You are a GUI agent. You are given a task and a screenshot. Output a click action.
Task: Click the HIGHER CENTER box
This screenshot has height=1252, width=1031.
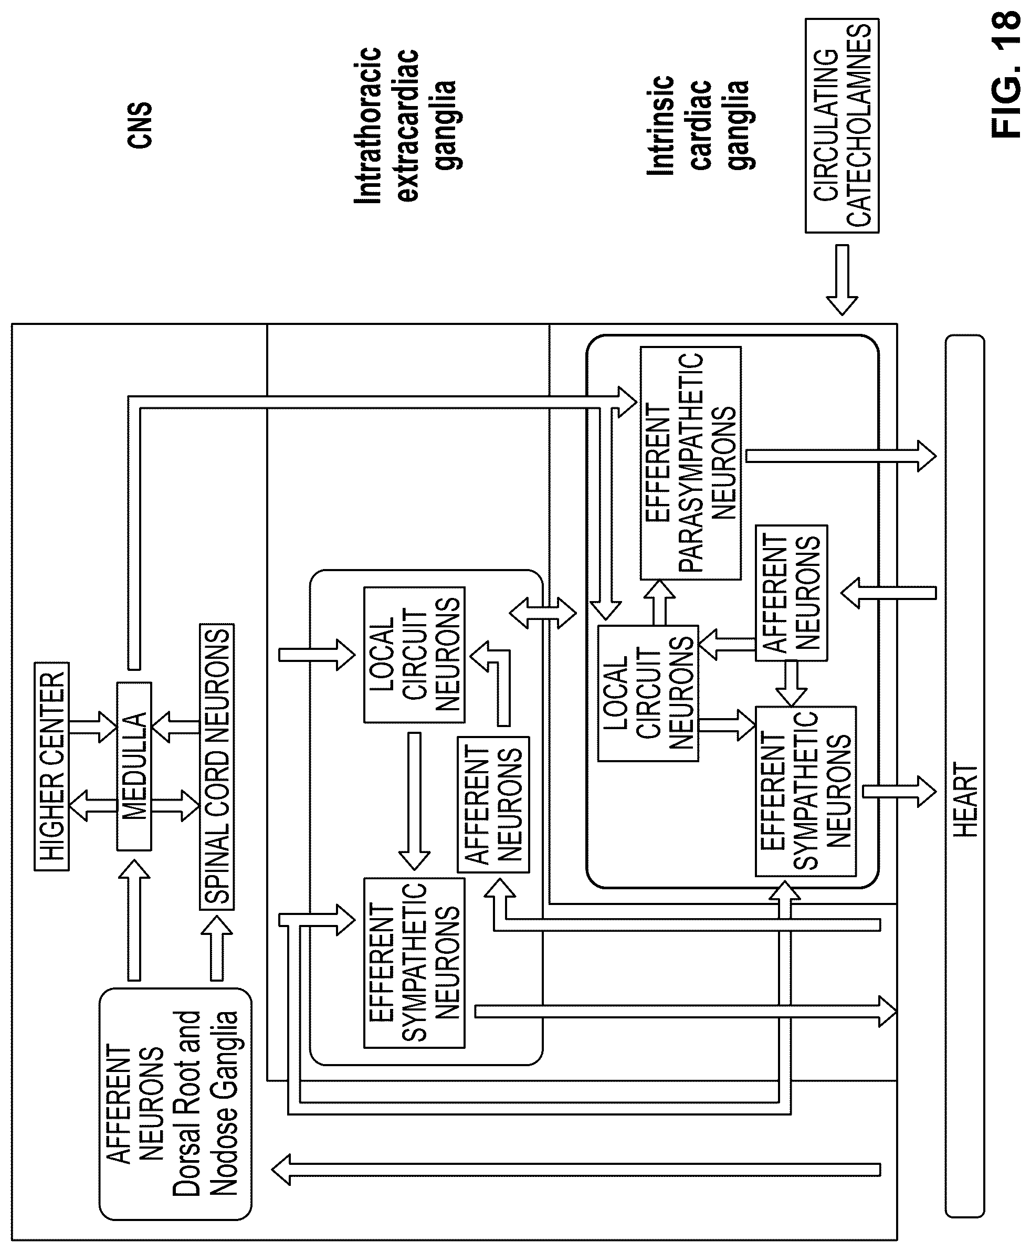[x=51, y=766]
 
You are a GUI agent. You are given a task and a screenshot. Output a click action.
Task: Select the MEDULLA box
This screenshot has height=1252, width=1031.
[x=134, y=766]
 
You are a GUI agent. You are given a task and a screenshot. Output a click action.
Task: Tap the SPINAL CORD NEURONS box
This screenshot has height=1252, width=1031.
[x=217, y=766]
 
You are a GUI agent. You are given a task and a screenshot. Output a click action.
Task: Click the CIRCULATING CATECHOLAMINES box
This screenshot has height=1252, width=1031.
[x=841, y=125]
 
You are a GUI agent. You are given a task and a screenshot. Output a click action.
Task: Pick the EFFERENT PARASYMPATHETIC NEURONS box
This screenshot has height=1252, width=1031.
[x=691, y=462]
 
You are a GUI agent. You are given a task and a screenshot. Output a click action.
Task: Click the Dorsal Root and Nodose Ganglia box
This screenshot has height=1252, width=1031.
[x=175, y=1103]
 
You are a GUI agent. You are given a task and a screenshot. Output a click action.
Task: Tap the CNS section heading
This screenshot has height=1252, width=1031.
[x=140, y=125]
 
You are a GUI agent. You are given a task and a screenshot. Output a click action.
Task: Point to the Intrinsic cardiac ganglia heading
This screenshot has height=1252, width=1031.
[x=698, y=125]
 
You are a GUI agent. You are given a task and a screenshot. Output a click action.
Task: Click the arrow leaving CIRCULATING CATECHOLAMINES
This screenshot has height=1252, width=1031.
[x=842, y=279]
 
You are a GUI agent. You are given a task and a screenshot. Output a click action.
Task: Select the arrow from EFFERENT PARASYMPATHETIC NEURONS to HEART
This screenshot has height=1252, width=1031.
[x=841, y=456]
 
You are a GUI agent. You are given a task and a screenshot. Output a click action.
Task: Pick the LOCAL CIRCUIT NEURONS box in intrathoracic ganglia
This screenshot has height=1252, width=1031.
[x=414, y=655]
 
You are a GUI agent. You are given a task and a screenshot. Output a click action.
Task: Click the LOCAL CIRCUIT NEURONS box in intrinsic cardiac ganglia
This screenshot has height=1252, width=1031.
[x=648, y=693]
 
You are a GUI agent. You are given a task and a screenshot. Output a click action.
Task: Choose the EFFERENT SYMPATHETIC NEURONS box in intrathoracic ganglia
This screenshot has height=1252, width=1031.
[x=414, y=962]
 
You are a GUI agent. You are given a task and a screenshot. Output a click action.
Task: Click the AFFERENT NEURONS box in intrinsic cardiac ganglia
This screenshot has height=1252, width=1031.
[x=791, y=593]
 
